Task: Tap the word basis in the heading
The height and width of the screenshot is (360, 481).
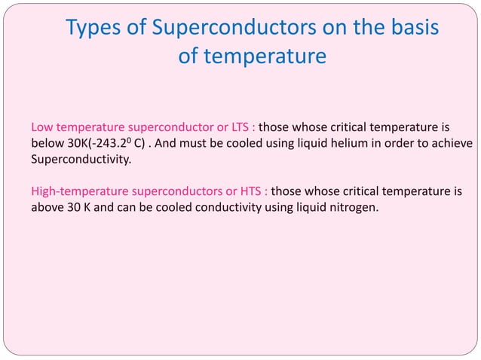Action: click(x=408, y=29)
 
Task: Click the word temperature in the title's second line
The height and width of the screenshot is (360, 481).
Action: click(x=252, y=56)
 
